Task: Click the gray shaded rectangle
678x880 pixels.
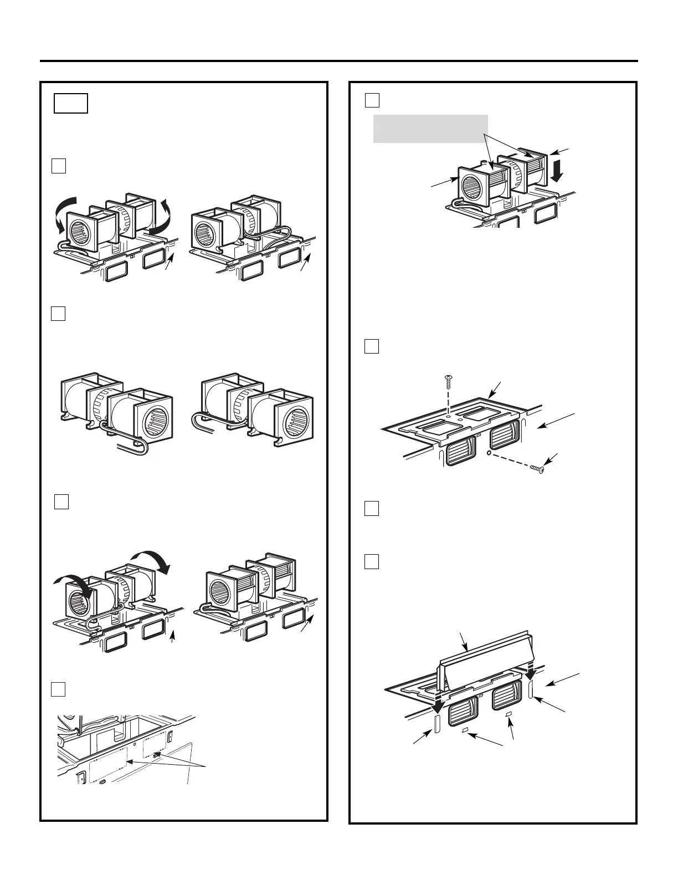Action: (x=430, y=129)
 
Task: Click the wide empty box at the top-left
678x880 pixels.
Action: (x=71, y=104)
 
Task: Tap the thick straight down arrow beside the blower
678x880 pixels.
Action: (x=557, y=172)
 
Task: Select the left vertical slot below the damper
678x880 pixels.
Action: (x=436, y=724)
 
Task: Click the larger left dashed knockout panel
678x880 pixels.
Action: (x=108, y=764)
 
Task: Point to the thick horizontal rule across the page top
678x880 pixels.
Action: (x=339, y=61)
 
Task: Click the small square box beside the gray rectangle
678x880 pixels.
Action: (x=372, y=100)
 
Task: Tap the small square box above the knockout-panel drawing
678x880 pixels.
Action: (x=59, y=689)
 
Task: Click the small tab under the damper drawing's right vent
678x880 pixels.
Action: (x=508, y=715)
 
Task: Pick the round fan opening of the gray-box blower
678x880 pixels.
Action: (x=474, y=185)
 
